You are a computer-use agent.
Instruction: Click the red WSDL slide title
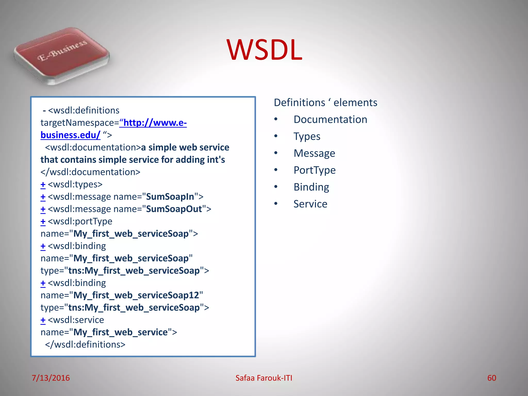[264, 50]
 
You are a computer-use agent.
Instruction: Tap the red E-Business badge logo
[62, 55]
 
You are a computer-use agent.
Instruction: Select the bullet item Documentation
[330, 120]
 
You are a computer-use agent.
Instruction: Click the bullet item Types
[307, 136]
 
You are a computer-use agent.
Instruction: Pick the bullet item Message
[314, 153]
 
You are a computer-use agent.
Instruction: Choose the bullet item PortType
[315, 170]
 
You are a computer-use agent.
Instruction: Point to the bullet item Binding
[311, 187]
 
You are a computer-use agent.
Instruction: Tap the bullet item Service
[310, 204]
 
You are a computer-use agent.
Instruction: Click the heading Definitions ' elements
[325, 103]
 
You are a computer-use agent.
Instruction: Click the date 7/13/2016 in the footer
[51, 378]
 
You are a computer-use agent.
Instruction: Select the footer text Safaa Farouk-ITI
[264, 378]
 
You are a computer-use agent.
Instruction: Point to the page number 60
[491, 378]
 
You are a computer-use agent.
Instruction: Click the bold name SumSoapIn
[170, 197]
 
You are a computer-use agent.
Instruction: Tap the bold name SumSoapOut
[174, 209]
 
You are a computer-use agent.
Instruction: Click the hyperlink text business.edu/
[70, 135]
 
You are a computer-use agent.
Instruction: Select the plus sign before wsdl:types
[43, 185]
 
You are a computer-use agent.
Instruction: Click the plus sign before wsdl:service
[43, 320]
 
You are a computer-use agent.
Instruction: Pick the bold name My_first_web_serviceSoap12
[136, 295]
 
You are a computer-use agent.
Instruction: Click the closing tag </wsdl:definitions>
[85, 345]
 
